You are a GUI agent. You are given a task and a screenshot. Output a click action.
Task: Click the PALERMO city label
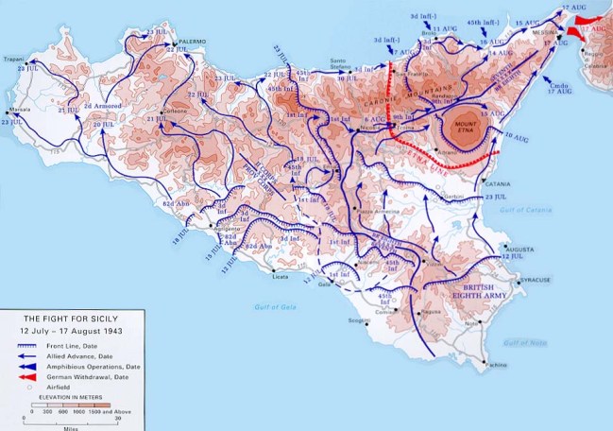[x=194, y=42]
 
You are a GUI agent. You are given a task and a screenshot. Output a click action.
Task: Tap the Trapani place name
[x=13, y=60]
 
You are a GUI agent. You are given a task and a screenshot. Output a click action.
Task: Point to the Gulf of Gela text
[x=274, y=306]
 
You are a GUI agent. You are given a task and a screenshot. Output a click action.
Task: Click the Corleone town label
[x=176, y=112]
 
